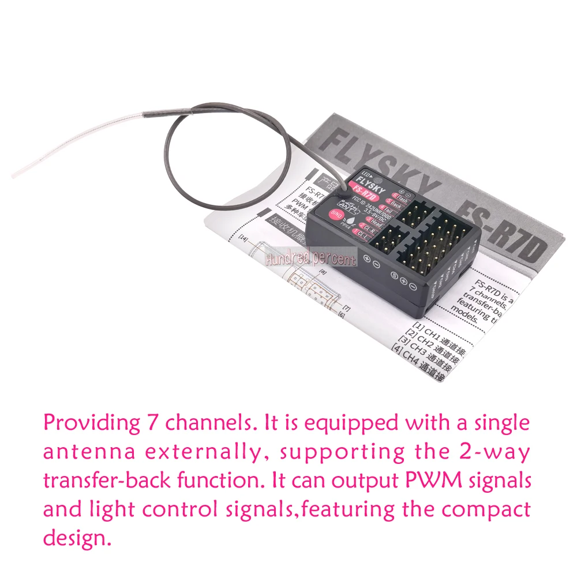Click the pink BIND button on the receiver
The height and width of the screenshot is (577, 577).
pyautogui.click(x=336, y=215)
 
